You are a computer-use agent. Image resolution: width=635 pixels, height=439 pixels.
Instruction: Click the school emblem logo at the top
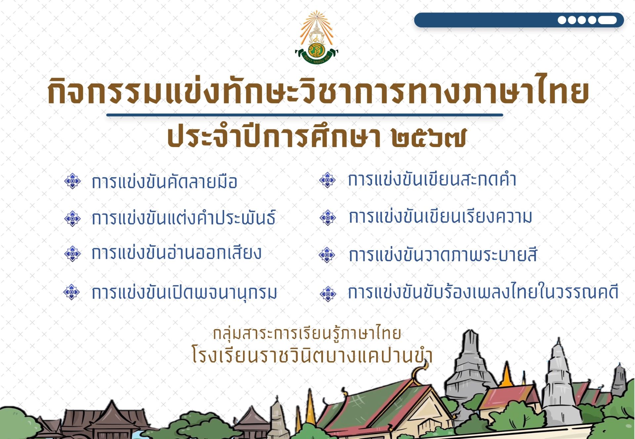[x=317, y=37]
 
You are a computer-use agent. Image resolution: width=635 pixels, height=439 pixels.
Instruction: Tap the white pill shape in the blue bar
[x=607, y=20]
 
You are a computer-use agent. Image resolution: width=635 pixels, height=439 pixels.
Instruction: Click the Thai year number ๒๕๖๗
[x=429, y=137]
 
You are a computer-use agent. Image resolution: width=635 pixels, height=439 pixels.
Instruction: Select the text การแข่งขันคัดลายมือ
[x=164, y=181]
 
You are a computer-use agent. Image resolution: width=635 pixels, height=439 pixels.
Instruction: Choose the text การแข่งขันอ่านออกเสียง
[x=176, y=252]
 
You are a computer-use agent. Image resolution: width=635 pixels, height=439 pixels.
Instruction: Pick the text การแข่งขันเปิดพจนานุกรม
[x=184, y=292]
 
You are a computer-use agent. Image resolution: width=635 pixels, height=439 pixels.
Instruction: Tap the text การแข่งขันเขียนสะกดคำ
[x=432, y=179]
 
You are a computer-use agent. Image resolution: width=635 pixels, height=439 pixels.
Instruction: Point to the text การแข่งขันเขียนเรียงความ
[x=441, y=217]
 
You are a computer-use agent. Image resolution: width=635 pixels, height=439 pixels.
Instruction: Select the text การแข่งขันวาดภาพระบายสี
[x=443, y=255]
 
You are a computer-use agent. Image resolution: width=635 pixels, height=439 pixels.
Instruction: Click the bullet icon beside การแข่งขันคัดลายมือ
[x=72, y=181]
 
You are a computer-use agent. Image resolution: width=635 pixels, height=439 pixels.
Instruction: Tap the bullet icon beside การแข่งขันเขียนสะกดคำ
[x=328, y=180]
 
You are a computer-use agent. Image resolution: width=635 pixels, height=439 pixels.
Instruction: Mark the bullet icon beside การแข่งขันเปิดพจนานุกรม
[x=72, y=292]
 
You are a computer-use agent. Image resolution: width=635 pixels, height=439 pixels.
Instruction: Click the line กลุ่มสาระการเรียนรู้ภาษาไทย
[x=307, y=333]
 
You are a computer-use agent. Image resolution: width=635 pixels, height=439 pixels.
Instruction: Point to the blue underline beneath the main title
[x=305, y=115]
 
